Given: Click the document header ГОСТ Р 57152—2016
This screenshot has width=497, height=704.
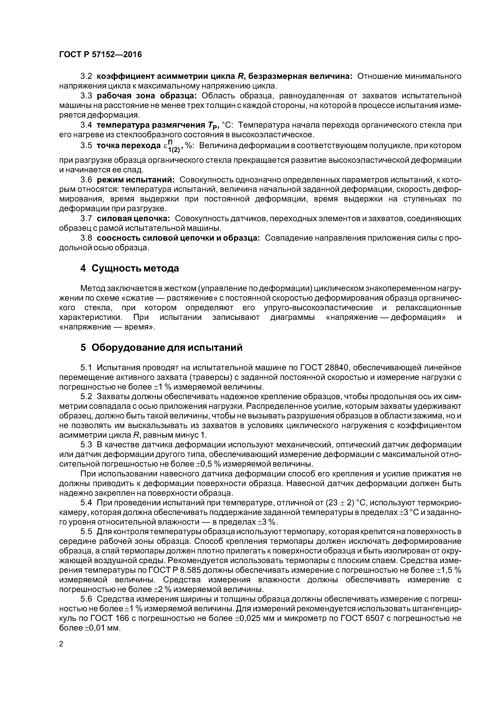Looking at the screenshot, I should tap(100, 55).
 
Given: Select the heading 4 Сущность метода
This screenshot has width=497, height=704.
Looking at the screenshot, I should tap(129, 268).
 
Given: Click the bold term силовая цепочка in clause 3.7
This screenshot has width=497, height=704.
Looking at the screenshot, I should tap(133, 219).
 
